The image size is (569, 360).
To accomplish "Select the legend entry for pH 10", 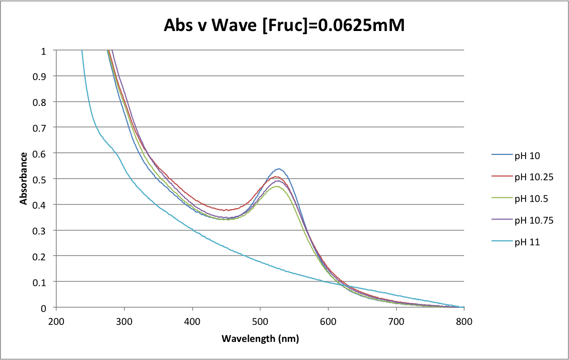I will click(526, 155).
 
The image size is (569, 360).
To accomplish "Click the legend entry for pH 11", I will click(526, 242).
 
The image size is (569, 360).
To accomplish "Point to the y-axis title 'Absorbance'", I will click(24, 179).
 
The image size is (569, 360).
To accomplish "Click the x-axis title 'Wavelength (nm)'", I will click(260, 339).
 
